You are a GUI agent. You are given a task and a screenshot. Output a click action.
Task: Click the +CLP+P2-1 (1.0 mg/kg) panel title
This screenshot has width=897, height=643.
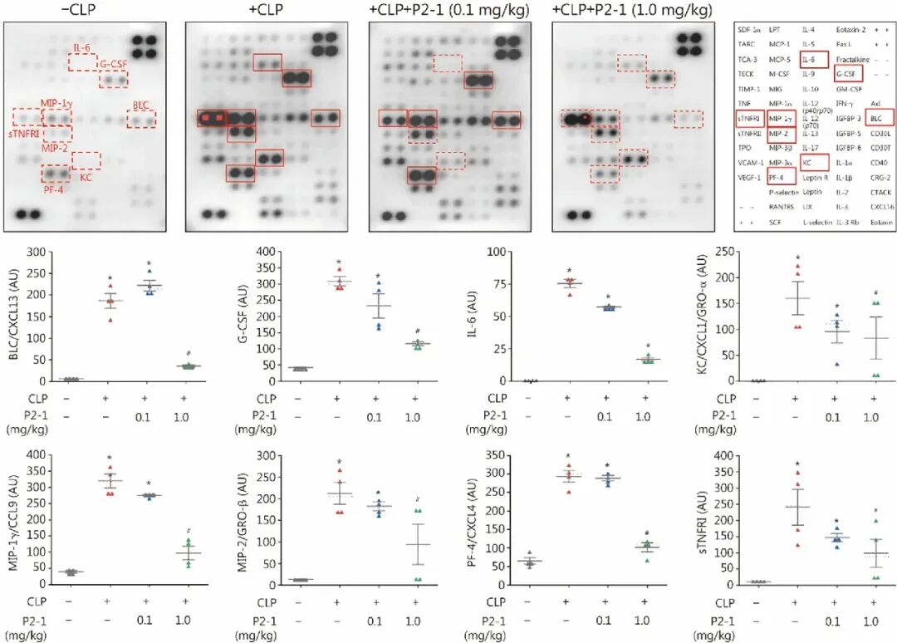point(632,10)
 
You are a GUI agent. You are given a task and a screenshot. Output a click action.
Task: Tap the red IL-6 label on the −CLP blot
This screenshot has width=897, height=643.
point(82,47)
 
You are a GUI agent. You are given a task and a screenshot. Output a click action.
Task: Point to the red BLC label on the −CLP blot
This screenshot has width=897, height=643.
point(141,106)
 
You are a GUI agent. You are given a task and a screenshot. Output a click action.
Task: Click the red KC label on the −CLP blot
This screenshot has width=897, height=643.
point(86,177)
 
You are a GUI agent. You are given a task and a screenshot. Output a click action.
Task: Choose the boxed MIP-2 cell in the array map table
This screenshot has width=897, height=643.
point(781,133)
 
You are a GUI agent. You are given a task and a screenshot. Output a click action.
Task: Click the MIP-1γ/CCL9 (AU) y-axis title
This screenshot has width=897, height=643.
point(12,518)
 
